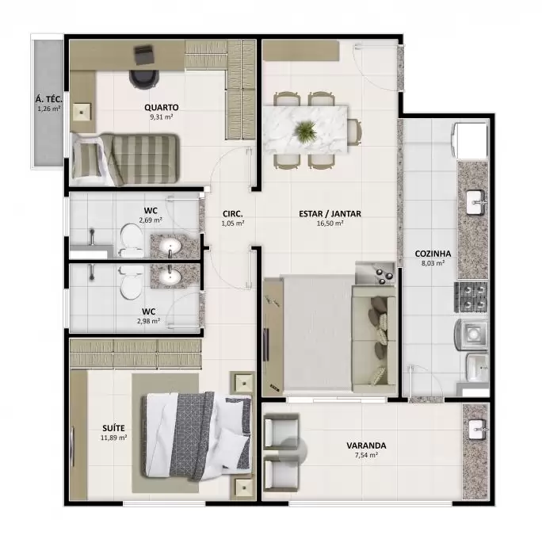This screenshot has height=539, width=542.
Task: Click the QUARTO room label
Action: pos(162,107)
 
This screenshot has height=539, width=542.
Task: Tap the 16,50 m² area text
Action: pos(330,224)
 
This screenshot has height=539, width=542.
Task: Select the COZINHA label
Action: pos(433,254)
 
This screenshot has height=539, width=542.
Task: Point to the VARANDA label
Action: pos(366,445)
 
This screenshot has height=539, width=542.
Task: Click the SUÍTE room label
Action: pos(114,428)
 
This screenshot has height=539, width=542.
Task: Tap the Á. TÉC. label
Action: pos(49,100)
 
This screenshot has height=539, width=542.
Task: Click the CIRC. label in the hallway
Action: pos(233,214)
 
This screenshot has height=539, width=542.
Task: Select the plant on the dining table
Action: pos(305,131)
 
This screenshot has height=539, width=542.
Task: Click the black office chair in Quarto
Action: pos(144,79)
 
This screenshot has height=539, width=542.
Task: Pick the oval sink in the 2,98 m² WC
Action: pos(170,276)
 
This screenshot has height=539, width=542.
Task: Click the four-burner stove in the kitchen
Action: pos(471,297)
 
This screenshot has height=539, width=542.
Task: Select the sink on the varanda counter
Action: pos(478,430)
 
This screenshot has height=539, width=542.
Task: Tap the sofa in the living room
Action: pos(374,340)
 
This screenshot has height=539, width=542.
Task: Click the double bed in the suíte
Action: pos(197,436)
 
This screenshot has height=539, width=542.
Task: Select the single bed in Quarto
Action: pos(125,159)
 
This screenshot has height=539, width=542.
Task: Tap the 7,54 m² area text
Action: pos(366,455)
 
